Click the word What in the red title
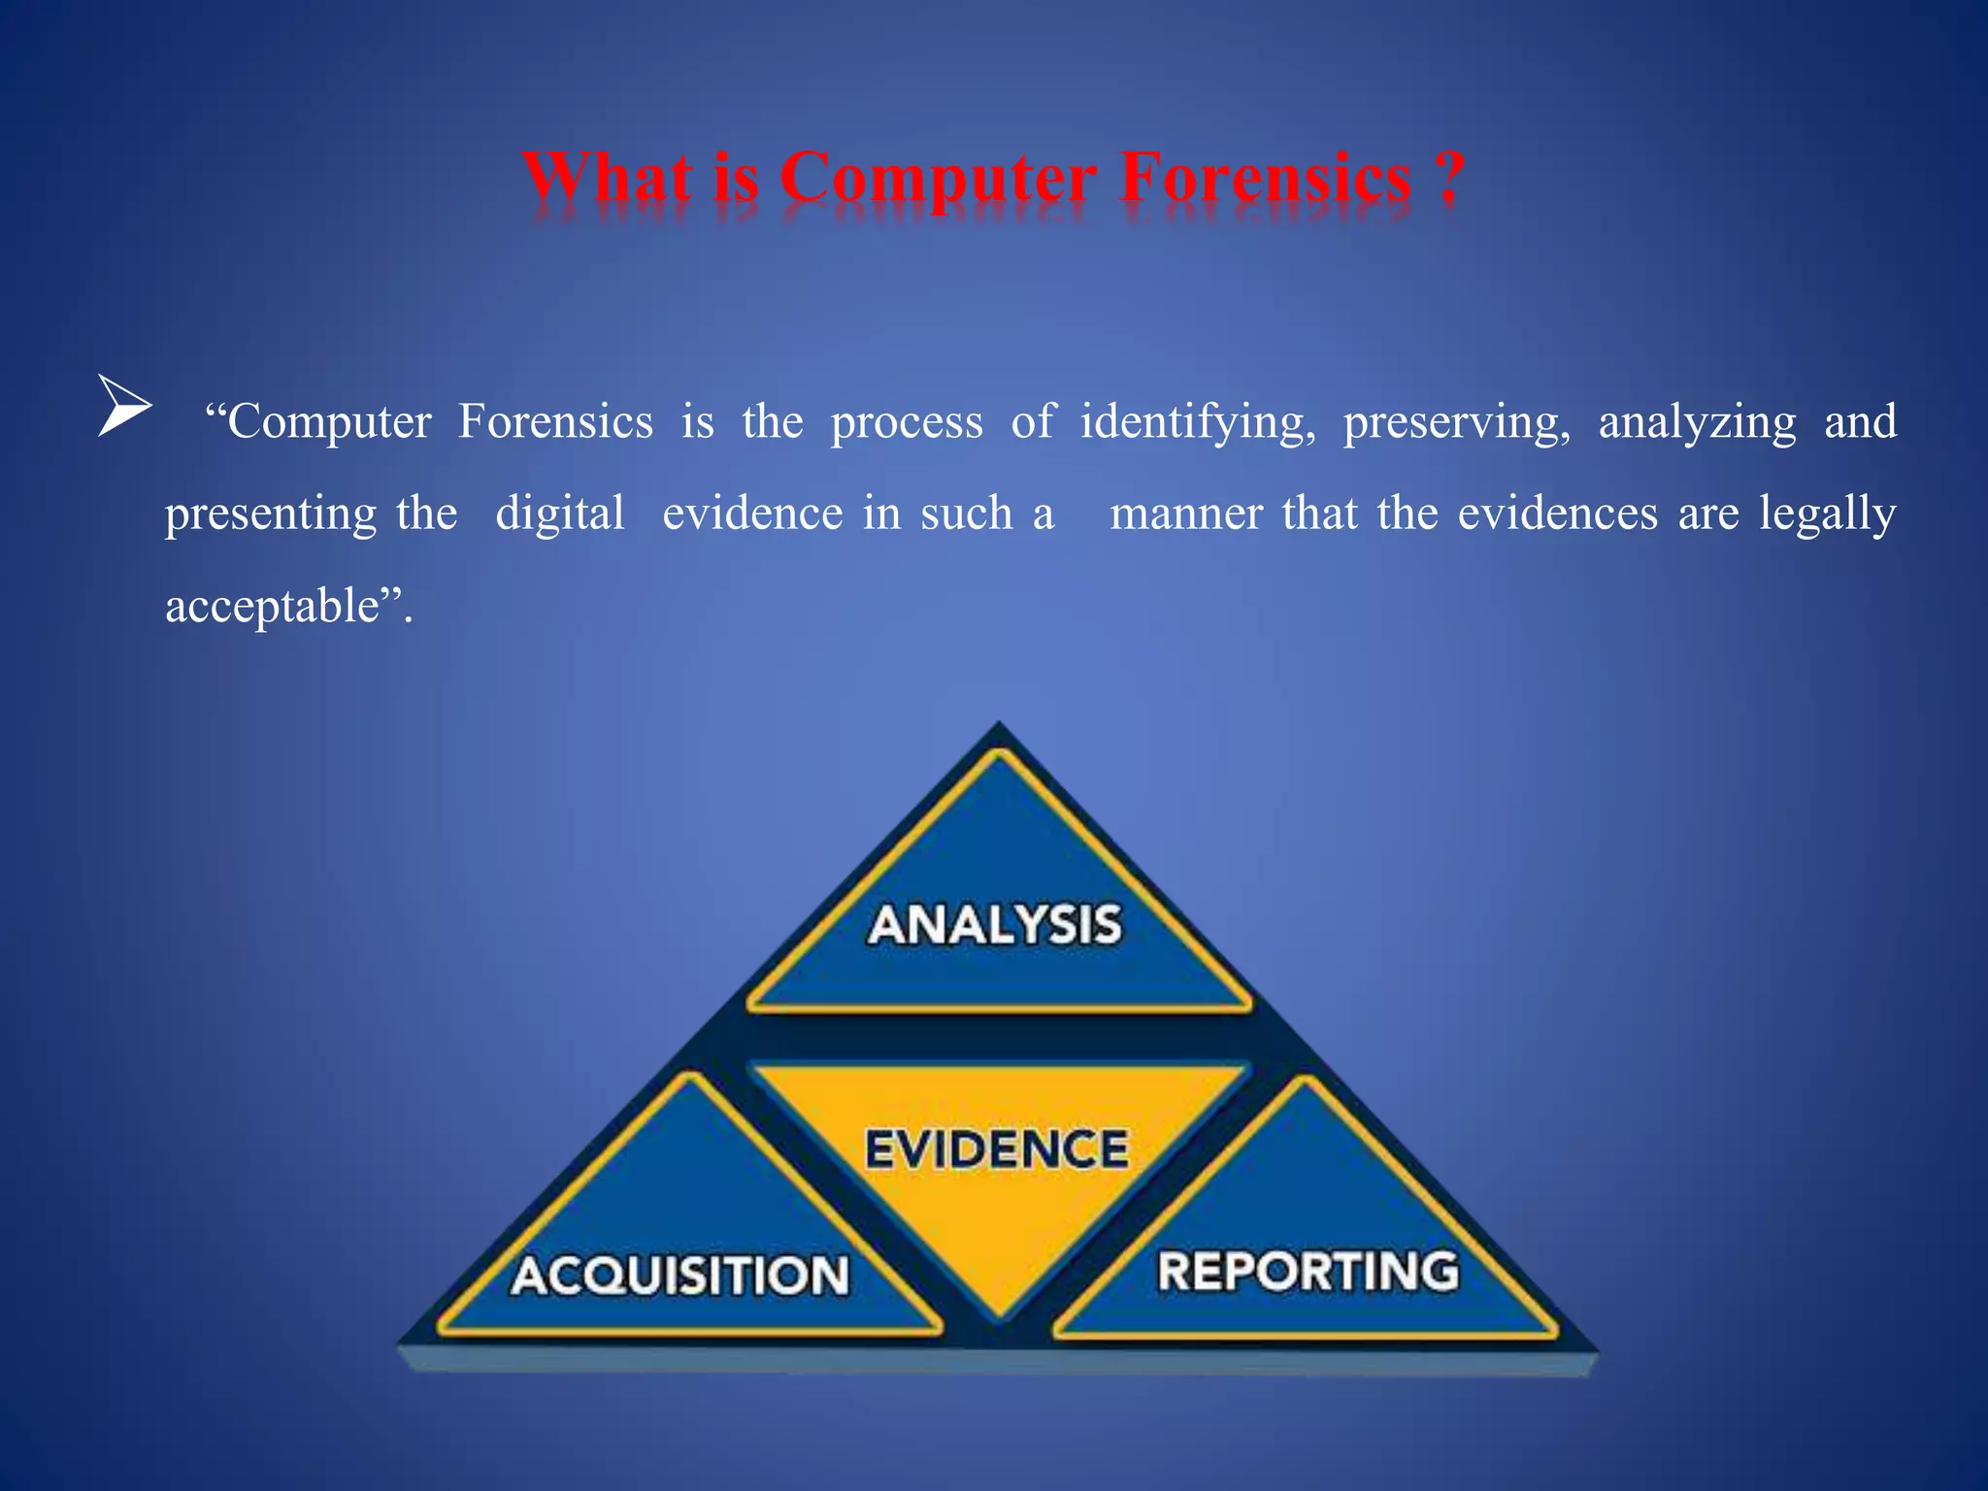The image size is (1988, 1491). point(609,179)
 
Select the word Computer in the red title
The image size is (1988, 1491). point(938,181)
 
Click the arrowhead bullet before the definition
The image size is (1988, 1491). point(124,406)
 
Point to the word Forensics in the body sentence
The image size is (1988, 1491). point(555,421)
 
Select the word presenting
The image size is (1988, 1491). point(270,514)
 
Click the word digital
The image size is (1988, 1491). point(560,514)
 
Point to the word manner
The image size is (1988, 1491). point(1186,514)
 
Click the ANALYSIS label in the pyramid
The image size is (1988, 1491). point(995,924)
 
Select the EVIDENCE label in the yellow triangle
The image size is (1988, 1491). point(997,1149)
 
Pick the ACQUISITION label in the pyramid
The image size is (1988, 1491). point(680,1276)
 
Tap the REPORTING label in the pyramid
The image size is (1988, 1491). point(1308,1272)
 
